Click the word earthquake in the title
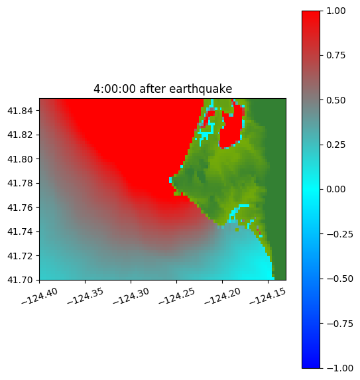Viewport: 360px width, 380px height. tap(201, 89)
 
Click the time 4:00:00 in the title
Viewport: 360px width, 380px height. tap(115, 89)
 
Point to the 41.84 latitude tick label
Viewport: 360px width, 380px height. tap(20, 111)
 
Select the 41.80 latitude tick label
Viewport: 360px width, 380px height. tap(20, 159)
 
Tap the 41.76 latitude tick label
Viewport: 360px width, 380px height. tap(20, 208)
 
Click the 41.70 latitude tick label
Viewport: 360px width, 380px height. tap(20, 280)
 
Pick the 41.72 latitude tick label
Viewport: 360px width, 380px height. tap(20, 256)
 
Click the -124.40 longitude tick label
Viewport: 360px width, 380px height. tap(40, 296)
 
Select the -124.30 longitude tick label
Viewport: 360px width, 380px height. tap(131, 296)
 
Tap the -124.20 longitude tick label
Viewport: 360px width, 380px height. tap(222, 296)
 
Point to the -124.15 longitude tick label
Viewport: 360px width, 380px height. tap(268, 296)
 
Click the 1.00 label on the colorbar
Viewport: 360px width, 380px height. tap(335, 11)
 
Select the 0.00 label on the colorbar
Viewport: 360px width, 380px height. tap(335, 189)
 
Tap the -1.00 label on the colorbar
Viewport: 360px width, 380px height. tap(339, 368)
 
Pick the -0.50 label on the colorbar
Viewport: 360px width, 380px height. tap(339, 279)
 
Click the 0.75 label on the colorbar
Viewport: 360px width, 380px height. tap(335, 56)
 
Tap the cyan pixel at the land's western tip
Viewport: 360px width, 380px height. tap(170, 180)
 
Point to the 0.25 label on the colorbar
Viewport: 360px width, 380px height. tap(335, 145)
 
